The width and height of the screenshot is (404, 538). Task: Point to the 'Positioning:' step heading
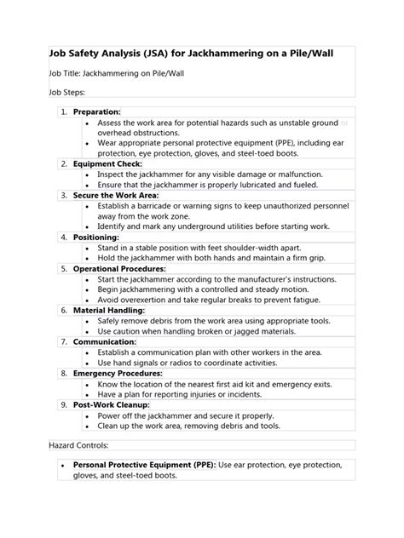pos(96,237)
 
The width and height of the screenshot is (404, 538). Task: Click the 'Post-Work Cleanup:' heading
pos(111,404)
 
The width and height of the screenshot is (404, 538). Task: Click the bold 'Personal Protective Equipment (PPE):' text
pos(143,466)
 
